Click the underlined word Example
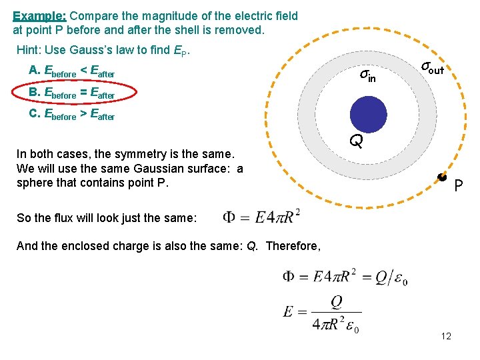point(39,15)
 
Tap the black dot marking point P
point(441,177)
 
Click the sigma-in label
point(367,75)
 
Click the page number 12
point(446,336)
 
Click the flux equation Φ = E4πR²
point(261,217)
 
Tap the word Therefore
point(293,246)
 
